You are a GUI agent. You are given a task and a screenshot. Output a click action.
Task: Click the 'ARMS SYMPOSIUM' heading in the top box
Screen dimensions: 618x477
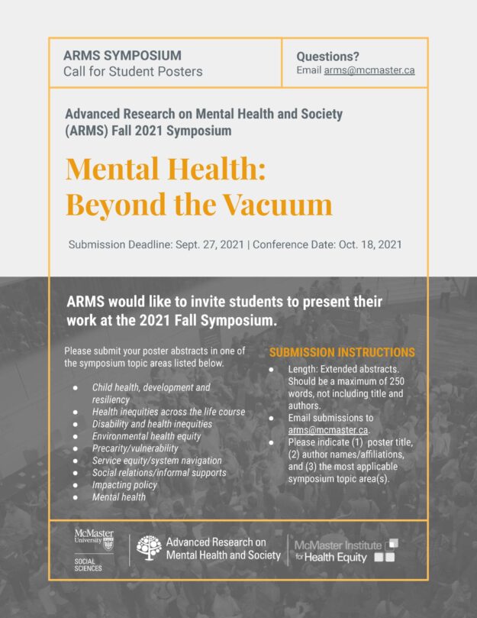tap(122, 56)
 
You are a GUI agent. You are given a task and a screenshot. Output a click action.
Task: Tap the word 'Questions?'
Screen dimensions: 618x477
tap(327, 56)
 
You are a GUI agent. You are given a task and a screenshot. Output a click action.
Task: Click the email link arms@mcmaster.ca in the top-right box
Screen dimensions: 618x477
tap(369, 70)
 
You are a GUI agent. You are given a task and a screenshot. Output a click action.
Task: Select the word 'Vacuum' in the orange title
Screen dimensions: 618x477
tap(272, 204)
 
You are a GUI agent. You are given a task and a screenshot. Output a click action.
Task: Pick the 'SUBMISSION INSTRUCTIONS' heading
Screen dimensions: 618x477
tap(342, 353)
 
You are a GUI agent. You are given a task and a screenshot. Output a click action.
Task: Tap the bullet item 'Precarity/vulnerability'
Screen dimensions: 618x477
tap(135, 448)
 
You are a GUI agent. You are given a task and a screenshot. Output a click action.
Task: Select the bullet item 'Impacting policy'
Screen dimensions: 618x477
tap(124, 484)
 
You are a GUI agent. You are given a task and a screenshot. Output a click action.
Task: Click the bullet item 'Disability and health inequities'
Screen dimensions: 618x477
tap(152, 423)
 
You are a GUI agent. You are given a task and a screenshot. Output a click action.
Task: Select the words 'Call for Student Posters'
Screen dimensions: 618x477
tap(133, 72)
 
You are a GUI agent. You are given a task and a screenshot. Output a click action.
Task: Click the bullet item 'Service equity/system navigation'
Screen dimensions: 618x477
tap(156, 460)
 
